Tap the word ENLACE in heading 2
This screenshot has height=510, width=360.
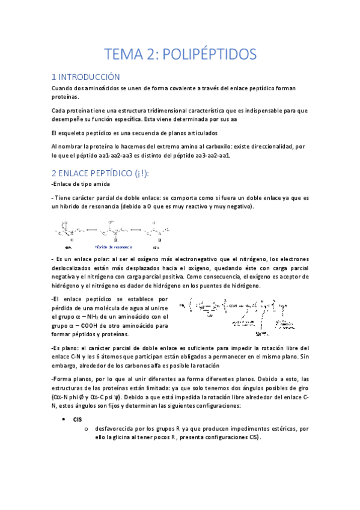[82, 173]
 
